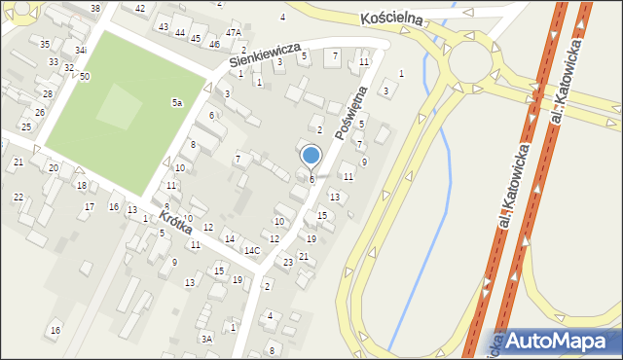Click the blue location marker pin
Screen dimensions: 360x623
coord(311,156)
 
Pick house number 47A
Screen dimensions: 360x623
coord(233,32)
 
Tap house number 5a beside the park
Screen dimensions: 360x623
coord(177,102)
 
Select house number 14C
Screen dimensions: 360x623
coord(252,250)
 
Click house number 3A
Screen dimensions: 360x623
coord(206,339)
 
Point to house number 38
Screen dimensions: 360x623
coord(94,8)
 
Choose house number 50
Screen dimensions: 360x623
coord(85,76)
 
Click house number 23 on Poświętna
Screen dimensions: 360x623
coord(288,263)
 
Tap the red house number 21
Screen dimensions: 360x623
coord(304,256)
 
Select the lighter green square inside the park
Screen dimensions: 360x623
coord(118,106)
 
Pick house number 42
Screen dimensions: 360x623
coord(140,8)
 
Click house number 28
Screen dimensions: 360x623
coord(47,93)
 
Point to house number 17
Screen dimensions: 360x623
coord(89,206)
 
